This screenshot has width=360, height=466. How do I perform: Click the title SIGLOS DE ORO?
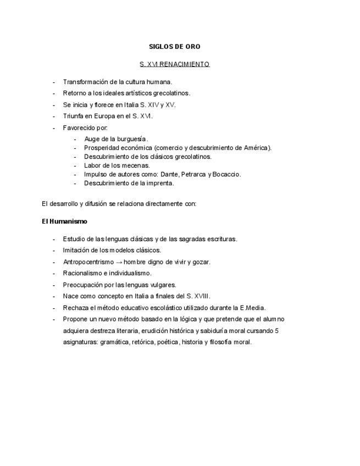click(x=174, y=47)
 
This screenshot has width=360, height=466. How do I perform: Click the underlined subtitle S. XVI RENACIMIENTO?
click(x=174, y=64)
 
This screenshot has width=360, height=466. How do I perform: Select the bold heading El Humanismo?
click(x=64, y=221)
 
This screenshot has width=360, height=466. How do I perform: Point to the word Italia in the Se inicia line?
click(x=131, y=105)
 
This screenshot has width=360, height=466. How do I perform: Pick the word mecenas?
click(x=136, y=165)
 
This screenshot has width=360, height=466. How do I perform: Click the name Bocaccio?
click(x=226, y=174)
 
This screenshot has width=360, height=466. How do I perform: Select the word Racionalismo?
click(x=82, y=273)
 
